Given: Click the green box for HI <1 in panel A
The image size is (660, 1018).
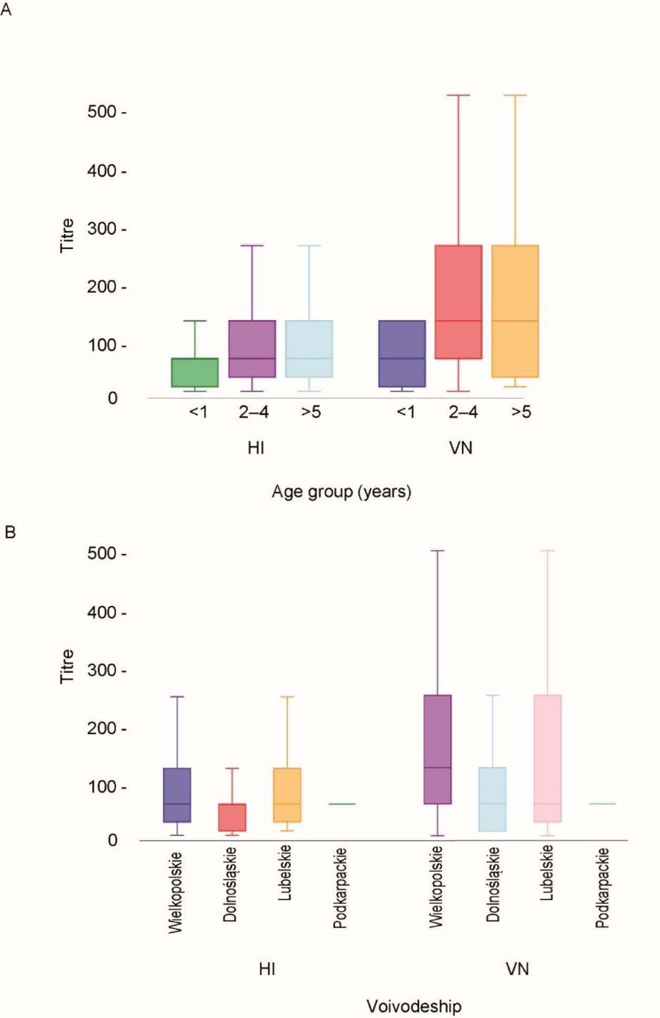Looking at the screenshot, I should tap(195, 372).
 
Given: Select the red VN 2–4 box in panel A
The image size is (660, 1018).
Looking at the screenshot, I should tap(458, 302).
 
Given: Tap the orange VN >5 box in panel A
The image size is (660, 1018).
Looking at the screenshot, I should tap(515, 311).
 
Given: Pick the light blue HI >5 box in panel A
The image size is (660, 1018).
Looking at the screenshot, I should tap(309, 349).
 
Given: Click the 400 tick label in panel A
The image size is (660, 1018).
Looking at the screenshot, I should tap(102, 171).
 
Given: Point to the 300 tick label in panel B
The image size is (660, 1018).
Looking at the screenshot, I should tap(102, 670).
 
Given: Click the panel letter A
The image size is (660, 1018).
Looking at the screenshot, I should tap(6, 9).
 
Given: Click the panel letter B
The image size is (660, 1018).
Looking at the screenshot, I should tap(9, 532).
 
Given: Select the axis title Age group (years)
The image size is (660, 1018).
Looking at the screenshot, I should tap(341, 492).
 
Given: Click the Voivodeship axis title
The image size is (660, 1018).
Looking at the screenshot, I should tap(414, 1006).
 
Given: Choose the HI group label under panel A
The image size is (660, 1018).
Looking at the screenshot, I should tap(256, 448).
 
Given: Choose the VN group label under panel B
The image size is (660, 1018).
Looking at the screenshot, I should tap(517, 969).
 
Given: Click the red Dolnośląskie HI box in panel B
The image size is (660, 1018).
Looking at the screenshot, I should tap(232, 817).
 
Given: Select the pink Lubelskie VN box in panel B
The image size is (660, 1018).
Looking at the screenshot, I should tap(547, 758).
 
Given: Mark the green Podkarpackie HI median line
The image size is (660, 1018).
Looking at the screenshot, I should tap(342, 803).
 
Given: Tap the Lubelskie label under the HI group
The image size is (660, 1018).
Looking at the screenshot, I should tap(285, 873).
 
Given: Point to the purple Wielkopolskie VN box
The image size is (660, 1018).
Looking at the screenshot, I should tap(438, 749).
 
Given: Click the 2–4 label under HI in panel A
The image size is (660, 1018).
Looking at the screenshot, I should tap(254, 412).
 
